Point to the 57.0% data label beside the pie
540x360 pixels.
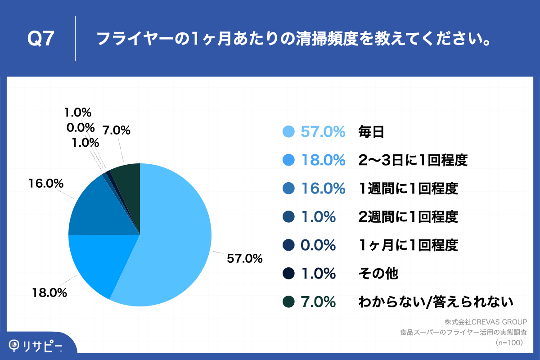pyautogui.click(x=244, y=259)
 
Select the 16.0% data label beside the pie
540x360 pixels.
pyautogui.click(x=45, y=184)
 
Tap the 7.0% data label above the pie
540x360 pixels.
pyautogui.click(x=117, y=130)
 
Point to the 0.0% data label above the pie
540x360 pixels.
pyautogui.click(x=80, y=127)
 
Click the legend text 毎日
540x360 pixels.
pyautogui.click(x=371, y=132)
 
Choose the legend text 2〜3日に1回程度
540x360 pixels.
pyautogui.click(x=413, y=160)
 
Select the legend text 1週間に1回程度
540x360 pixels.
pyautogui.click(x=408, y=189)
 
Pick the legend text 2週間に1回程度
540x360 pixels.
pyautogui.click(x=408, y=217)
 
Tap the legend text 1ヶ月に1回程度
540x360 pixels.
pyautogui.click(x=408, y=245)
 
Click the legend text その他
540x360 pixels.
pyautogui.click(x=378, y=274)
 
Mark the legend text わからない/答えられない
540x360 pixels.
pyautogui.click(x=436, y=302)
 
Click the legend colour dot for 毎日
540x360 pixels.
pyautogui.click(x=288, y=132)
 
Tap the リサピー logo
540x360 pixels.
pyautogui.click(x=36, y=346)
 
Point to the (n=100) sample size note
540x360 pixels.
pyautogui.click(x=508, y=343)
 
